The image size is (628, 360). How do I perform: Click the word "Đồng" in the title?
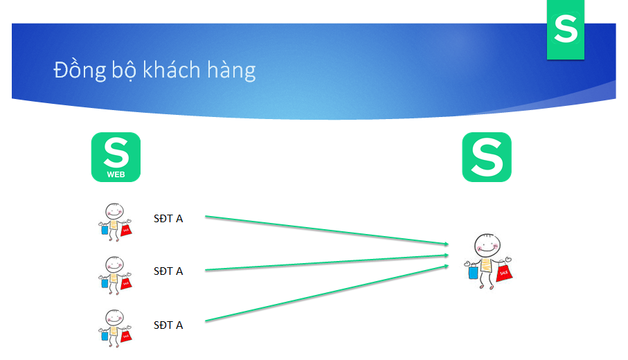click(80, 70)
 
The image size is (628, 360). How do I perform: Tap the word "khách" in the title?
click(172, 69)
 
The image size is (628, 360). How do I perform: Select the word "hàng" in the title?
click(231, 71)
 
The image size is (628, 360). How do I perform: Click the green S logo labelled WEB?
click(116, 157)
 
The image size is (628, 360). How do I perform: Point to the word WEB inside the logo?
click(116, 174)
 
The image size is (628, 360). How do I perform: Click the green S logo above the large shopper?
click(487, 157)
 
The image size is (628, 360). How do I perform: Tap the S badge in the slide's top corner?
click(566, 30)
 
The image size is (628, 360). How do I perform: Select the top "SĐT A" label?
click(168, 219)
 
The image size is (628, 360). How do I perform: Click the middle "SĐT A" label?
click(168, 271)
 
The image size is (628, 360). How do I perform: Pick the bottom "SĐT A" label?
click(168, 325)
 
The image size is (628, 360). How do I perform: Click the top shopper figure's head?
click(114, 210)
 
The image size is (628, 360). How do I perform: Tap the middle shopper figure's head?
click(114, 264)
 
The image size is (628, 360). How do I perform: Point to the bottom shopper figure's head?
click(114, 318)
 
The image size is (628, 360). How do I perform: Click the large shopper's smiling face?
click(487, 245)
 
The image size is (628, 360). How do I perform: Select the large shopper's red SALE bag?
click(504, 272)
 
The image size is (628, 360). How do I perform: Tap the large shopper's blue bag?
click(473, 272)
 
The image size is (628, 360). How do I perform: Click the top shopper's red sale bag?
click(126, 229)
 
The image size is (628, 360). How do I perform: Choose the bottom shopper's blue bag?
click(105, 336)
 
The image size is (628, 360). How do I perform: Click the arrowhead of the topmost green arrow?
click(446, 244)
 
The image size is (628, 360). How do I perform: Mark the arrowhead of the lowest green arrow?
click(446, 266)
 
